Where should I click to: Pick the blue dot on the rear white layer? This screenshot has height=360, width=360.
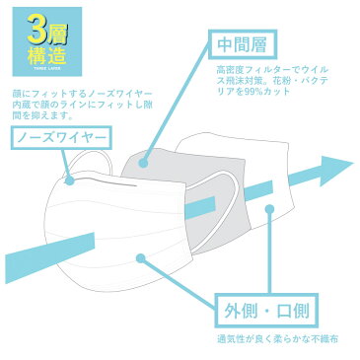click(274, 205)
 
